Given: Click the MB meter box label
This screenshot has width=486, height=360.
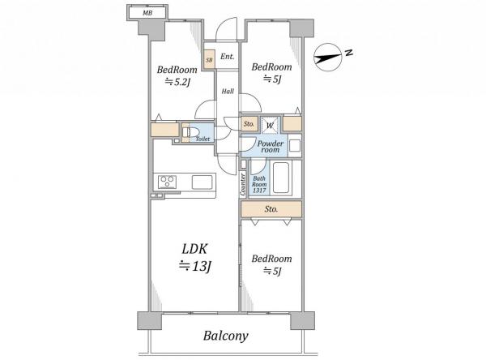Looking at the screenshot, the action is pyautogui.click(x=147, y=13).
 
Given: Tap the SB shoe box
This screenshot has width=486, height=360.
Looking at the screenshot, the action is pyautogui.click(x=209, y=59).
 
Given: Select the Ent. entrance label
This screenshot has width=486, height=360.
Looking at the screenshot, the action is pyautogui.click(x=227, y=57).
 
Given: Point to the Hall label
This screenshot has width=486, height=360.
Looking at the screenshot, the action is pyautogui.click(x=228, y=92).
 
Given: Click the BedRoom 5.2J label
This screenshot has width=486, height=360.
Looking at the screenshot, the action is pyautogui.click(x=177, y=75).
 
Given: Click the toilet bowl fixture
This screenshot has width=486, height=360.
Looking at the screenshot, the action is pyautogui.click(x=190, y=132).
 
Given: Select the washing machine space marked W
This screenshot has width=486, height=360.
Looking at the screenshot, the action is pyautogui.click(x=270, y=125).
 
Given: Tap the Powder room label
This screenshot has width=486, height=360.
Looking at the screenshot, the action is pyautogui.click(x=271, y=146).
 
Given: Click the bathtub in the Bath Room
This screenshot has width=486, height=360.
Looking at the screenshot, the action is pyautogui.click(x=281, y=178).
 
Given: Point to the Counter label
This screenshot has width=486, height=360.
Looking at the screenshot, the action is pyautogui.click(x=243, y=184).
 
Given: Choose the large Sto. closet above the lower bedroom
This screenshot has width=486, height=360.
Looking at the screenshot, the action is pyautogui.click(x=271, y=209).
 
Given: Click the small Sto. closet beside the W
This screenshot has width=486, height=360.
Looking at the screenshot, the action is pyautogui.click(x=249, y=124).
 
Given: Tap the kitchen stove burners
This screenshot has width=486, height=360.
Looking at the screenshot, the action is pyautogui.click(x=168, y=182).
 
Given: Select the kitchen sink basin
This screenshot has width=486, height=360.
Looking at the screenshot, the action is pyautogui.click(x=202, y=182).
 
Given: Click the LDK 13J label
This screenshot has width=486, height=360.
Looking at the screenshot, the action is pyautogui.click(x=195, y=258).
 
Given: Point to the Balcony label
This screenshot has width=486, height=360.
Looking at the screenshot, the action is pyautogui.click(x=226, y=336).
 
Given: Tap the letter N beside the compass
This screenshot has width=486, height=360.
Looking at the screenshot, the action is pyautogui.click(x=349, y=53).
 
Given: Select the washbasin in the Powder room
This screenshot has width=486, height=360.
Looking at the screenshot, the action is pyautogui.click(x=295, y=146).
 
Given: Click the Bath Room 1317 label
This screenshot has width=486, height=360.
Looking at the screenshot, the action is pyautogui.click(x=259, y=184).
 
